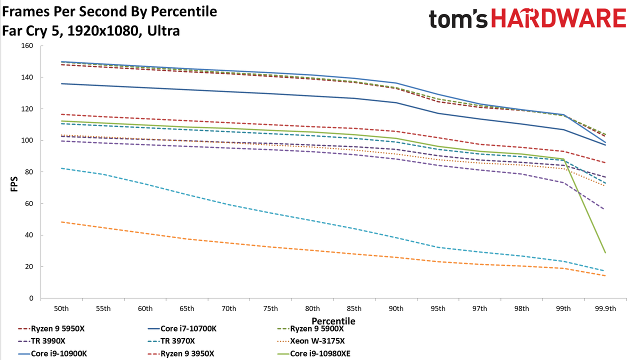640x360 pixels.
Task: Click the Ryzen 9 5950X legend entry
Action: tap(51, 328)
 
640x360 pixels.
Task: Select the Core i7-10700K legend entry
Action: tap(182, 328)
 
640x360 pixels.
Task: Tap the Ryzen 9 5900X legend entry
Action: tap(310, 328)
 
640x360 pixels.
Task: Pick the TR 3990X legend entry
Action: tap(41, 341)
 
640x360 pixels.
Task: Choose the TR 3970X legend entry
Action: tap(171, 341)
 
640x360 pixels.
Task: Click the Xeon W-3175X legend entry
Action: tap(311, 341)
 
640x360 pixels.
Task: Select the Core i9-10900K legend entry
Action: tap(52, 353)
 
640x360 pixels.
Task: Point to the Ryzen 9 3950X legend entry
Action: tap(181, 353)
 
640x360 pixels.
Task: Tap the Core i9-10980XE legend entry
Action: tap(313, 353)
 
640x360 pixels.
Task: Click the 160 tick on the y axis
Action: tap(27, 45)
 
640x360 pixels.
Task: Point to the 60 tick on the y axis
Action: tap(29, 203)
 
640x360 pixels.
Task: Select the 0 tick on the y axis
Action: tap(31, 298)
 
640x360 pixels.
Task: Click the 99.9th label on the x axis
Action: tap(605, 308)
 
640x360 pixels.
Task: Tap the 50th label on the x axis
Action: tap(61, 308)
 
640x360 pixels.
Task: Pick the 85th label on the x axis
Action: tap(354, 308)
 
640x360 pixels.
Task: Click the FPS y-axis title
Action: tap(14, 184)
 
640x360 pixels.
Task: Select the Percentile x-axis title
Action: tap(333, 321)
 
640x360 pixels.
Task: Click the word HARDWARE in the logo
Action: tap(558, 18)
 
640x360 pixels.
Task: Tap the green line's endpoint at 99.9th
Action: tap(605, 253)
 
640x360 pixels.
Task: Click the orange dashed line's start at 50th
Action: tap(61, 221)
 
